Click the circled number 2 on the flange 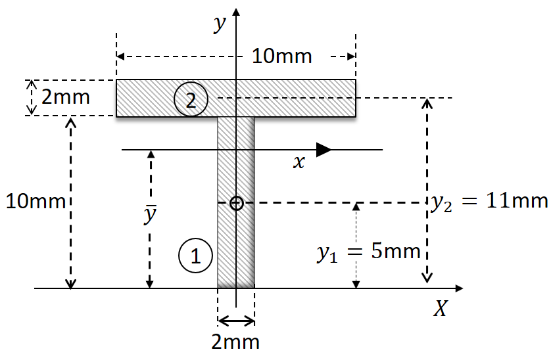click(191, 99)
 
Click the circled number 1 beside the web click(195, 256)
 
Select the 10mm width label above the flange click(282, 56)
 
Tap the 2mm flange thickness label click(66, 97)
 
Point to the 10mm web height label click(36, 202)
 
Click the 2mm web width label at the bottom click(235, 342)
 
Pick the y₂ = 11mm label click(489, 202)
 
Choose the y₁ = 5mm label click(369, 252)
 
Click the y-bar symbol click(150, 214)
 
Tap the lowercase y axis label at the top click(220, 24)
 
